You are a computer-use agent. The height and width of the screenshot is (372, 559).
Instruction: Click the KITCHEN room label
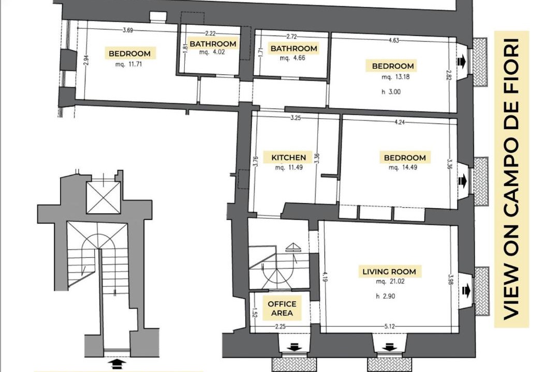tap(288, 158)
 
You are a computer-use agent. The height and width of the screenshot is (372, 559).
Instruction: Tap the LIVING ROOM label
tap(389, 272)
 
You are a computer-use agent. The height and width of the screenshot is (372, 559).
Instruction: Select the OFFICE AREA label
tap(282, 308)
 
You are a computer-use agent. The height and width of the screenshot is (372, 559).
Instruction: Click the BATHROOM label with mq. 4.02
tap(213, 44)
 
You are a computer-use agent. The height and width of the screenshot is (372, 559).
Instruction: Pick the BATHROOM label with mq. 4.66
tap(294, 49)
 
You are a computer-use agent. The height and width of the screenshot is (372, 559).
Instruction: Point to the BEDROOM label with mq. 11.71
tap(129, 54)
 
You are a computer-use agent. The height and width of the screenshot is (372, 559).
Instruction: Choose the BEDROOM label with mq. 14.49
tap(405, 158)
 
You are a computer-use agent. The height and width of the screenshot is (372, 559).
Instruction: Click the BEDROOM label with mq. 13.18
tap(392, 66)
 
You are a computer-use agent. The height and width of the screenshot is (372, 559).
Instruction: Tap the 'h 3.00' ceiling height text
tap(391, 92)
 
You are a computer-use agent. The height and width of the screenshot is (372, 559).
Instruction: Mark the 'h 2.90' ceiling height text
tap(386, 296)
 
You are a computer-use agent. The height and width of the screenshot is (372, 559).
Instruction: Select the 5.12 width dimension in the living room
tap(390, 326)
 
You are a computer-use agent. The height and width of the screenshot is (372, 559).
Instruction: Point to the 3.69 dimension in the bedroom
tap(128, 30)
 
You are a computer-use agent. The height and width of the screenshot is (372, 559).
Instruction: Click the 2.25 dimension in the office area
tap(280, 326)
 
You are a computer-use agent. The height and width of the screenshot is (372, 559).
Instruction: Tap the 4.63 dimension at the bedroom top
tap(393, 40)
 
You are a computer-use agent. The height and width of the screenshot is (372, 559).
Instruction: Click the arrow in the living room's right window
tap(466, 291)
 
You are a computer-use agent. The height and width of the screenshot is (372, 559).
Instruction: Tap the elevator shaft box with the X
tap(104, 197)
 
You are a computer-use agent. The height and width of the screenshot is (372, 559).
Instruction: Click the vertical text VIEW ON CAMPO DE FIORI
tap(511, 179)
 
